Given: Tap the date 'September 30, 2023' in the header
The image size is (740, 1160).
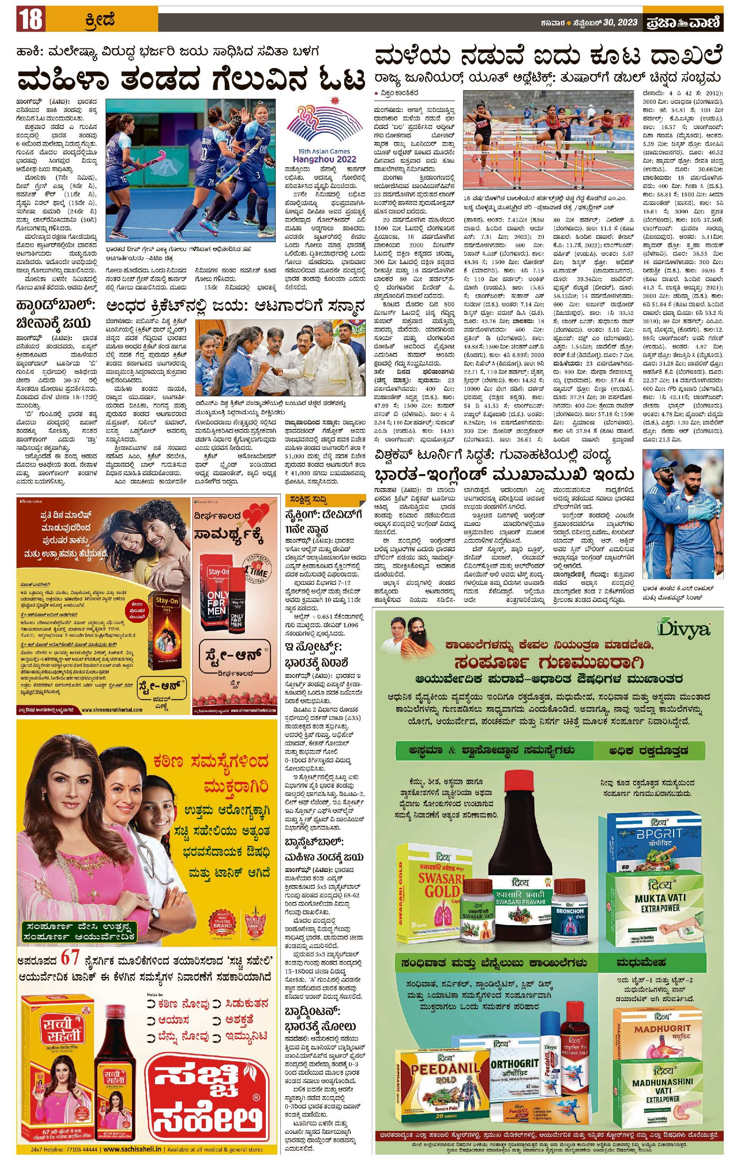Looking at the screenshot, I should pyautogui.click(x=610, y=23).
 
